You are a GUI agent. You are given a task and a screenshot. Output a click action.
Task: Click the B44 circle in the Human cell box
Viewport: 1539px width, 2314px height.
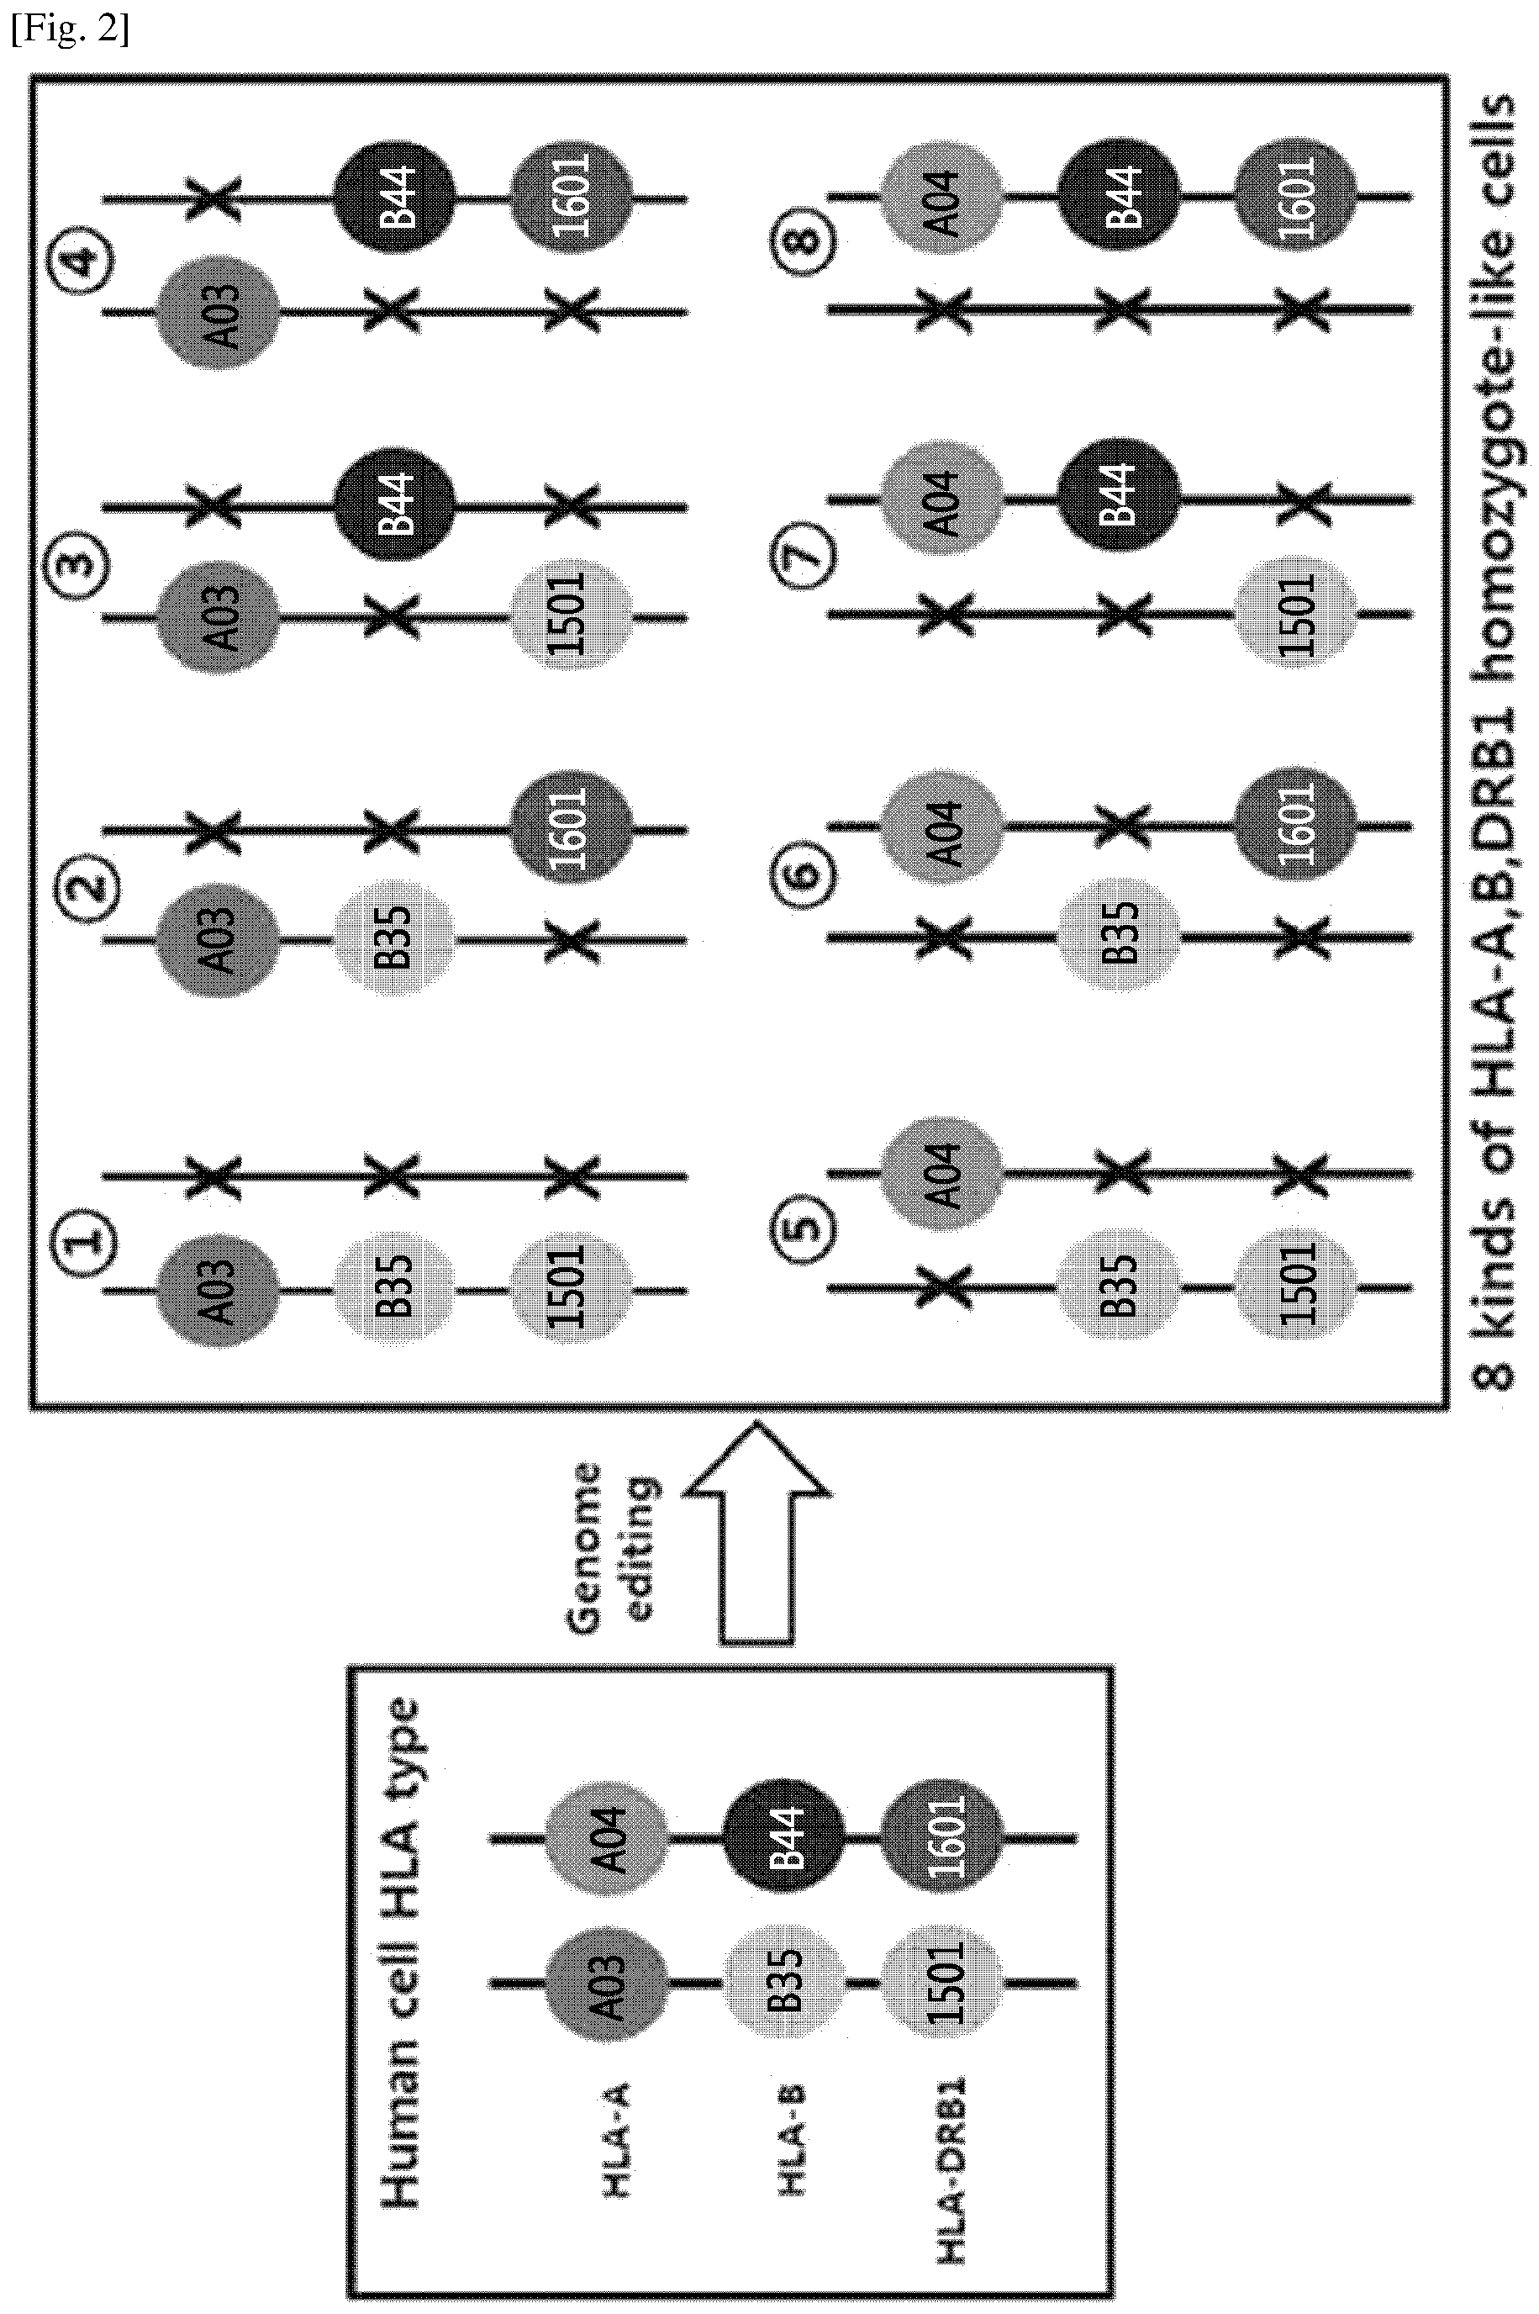(783, 1838)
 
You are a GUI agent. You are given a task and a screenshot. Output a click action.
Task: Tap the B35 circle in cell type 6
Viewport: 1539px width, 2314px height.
(1117, 938)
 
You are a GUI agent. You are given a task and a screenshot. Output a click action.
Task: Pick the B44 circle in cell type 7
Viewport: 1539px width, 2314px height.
(1119, 499)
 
